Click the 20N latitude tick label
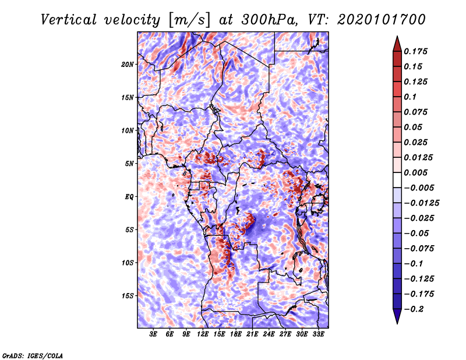(x=128, y=64)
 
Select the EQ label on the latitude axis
(x=129, y=197)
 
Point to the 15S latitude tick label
(x=128, y=296)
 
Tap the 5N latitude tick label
(x=129, y=164)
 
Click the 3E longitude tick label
(x=154, y=334)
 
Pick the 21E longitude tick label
(x=252, y=334)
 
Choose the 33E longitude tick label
(x=318, y=334)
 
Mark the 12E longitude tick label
(x=203, y=334)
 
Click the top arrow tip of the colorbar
(x=396, y=37)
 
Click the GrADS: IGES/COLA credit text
(x=33, y=355)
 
